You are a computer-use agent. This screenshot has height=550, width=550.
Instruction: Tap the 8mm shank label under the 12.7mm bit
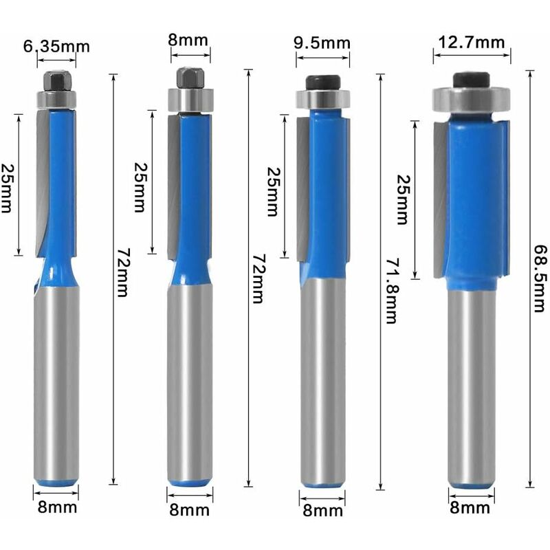tap(471, 508)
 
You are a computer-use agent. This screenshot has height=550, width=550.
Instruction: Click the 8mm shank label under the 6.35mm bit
tap(56, 508)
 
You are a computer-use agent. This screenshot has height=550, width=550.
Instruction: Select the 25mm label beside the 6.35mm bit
tap(8, 188)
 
